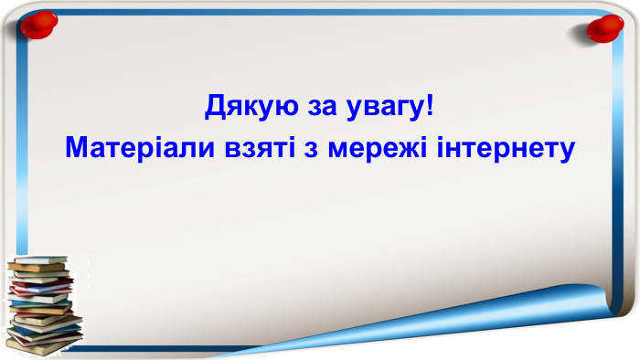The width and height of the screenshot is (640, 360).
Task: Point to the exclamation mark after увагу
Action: [431, 107]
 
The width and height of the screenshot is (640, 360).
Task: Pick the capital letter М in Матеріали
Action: [76, 147]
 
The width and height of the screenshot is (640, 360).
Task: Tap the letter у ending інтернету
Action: [567, 149]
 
